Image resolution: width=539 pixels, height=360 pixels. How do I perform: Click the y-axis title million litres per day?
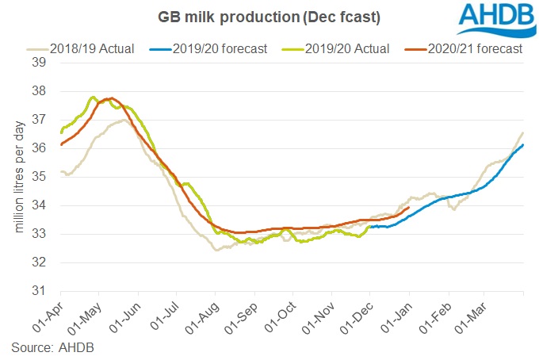[17, 176]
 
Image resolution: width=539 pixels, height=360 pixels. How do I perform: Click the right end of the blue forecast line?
[523, 145]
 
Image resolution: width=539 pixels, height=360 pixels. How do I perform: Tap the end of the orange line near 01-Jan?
[408, 208]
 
